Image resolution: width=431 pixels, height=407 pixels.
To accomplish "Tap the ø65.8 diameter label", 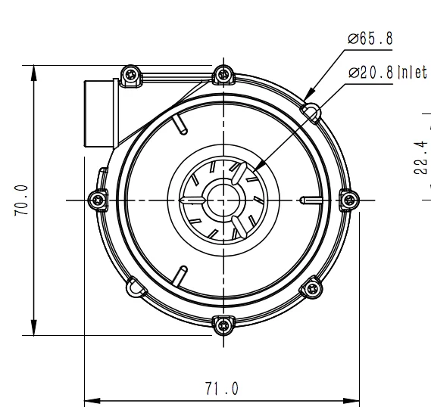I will click(370, 39).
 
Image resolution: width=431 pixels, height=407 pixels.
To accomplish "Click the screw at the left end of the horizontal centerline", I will click(97, 200).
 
